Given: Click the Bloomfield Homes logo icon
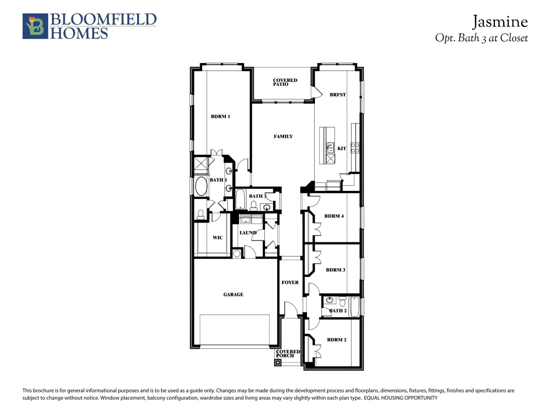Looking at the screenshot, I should [x=35, y=26].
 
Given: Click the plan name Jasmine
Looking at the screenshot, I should [x=500, y=22].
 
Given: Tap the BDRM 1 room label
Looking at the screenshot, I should [x=220, y=116].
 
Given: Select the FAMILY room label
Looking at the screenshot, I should [x=283, y=136].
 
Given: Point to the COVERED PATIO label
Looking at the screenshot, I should [x=285, y=82].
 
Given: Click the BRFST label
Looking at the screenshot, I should [x=338, y=95].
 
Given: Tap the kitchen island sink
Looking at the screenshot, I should [x=331, y=148].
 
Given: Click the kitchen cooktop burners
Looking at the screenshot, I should [x=355, y=148].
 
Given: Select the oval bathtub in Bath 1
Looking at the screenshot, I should [x=201, y=186].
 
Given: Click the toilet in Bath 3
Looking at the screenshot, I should [x=253, y=206].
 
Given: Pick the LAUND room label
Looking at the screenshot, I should [x=248, y=233].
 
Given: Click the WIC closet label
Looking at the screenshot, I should [x=218, y=238].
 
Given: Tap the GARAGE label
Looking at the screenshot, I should [x=233, y=295].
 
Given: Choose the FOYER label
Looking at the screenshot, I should [x=290, y=282].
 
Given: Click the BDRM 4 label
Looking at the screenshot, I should [x=334, y=216].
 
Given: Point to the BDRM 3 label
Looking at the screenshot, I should [x=335, y=270].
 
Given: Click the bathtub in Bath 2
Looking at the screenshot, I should [x=355, y=307].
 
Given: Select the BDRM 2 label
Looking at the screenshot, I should [x=337, y=340].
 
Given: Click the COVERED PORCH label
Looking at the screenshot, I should [x=288, y=354].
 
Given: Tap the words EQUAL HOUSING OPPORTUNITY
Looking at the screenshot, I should [x=401, y=398].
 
